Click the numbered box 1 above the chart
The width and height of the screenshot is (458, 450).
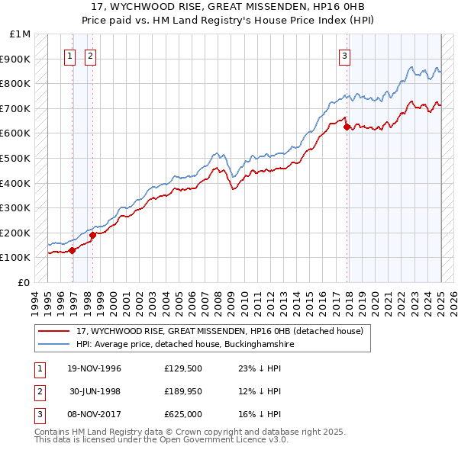[69, 55]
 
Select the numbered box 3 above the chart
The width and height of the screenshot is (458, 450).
[344, 55]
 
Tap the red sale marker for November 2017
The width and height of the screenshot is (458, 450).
[347, 127]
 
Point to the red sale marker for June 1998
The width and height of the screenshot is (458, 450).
[92, 235]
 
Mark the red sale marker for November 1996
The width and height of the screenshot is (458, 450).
[73, 249]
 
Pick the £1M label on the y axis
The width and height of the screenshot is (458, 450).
[21, 34]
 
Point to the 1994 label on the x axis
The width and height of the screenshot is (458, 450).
[35, 301]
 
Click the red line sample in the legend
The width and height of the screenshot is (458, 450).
[53, 332]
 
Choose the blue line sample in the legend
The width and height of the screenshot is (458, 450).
[53, 345]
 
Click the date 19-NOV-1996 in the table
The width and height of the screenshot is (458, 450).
[93, 369]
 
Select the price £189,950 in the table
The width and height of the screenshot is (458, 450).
[182, 391]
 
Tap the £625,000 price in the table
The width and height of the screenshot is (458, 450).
[182, 413]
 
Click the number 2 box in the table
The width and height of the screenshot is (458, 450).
[39, 391]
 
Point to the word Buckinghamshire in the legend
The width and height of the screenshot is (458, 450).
[256, 345]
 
